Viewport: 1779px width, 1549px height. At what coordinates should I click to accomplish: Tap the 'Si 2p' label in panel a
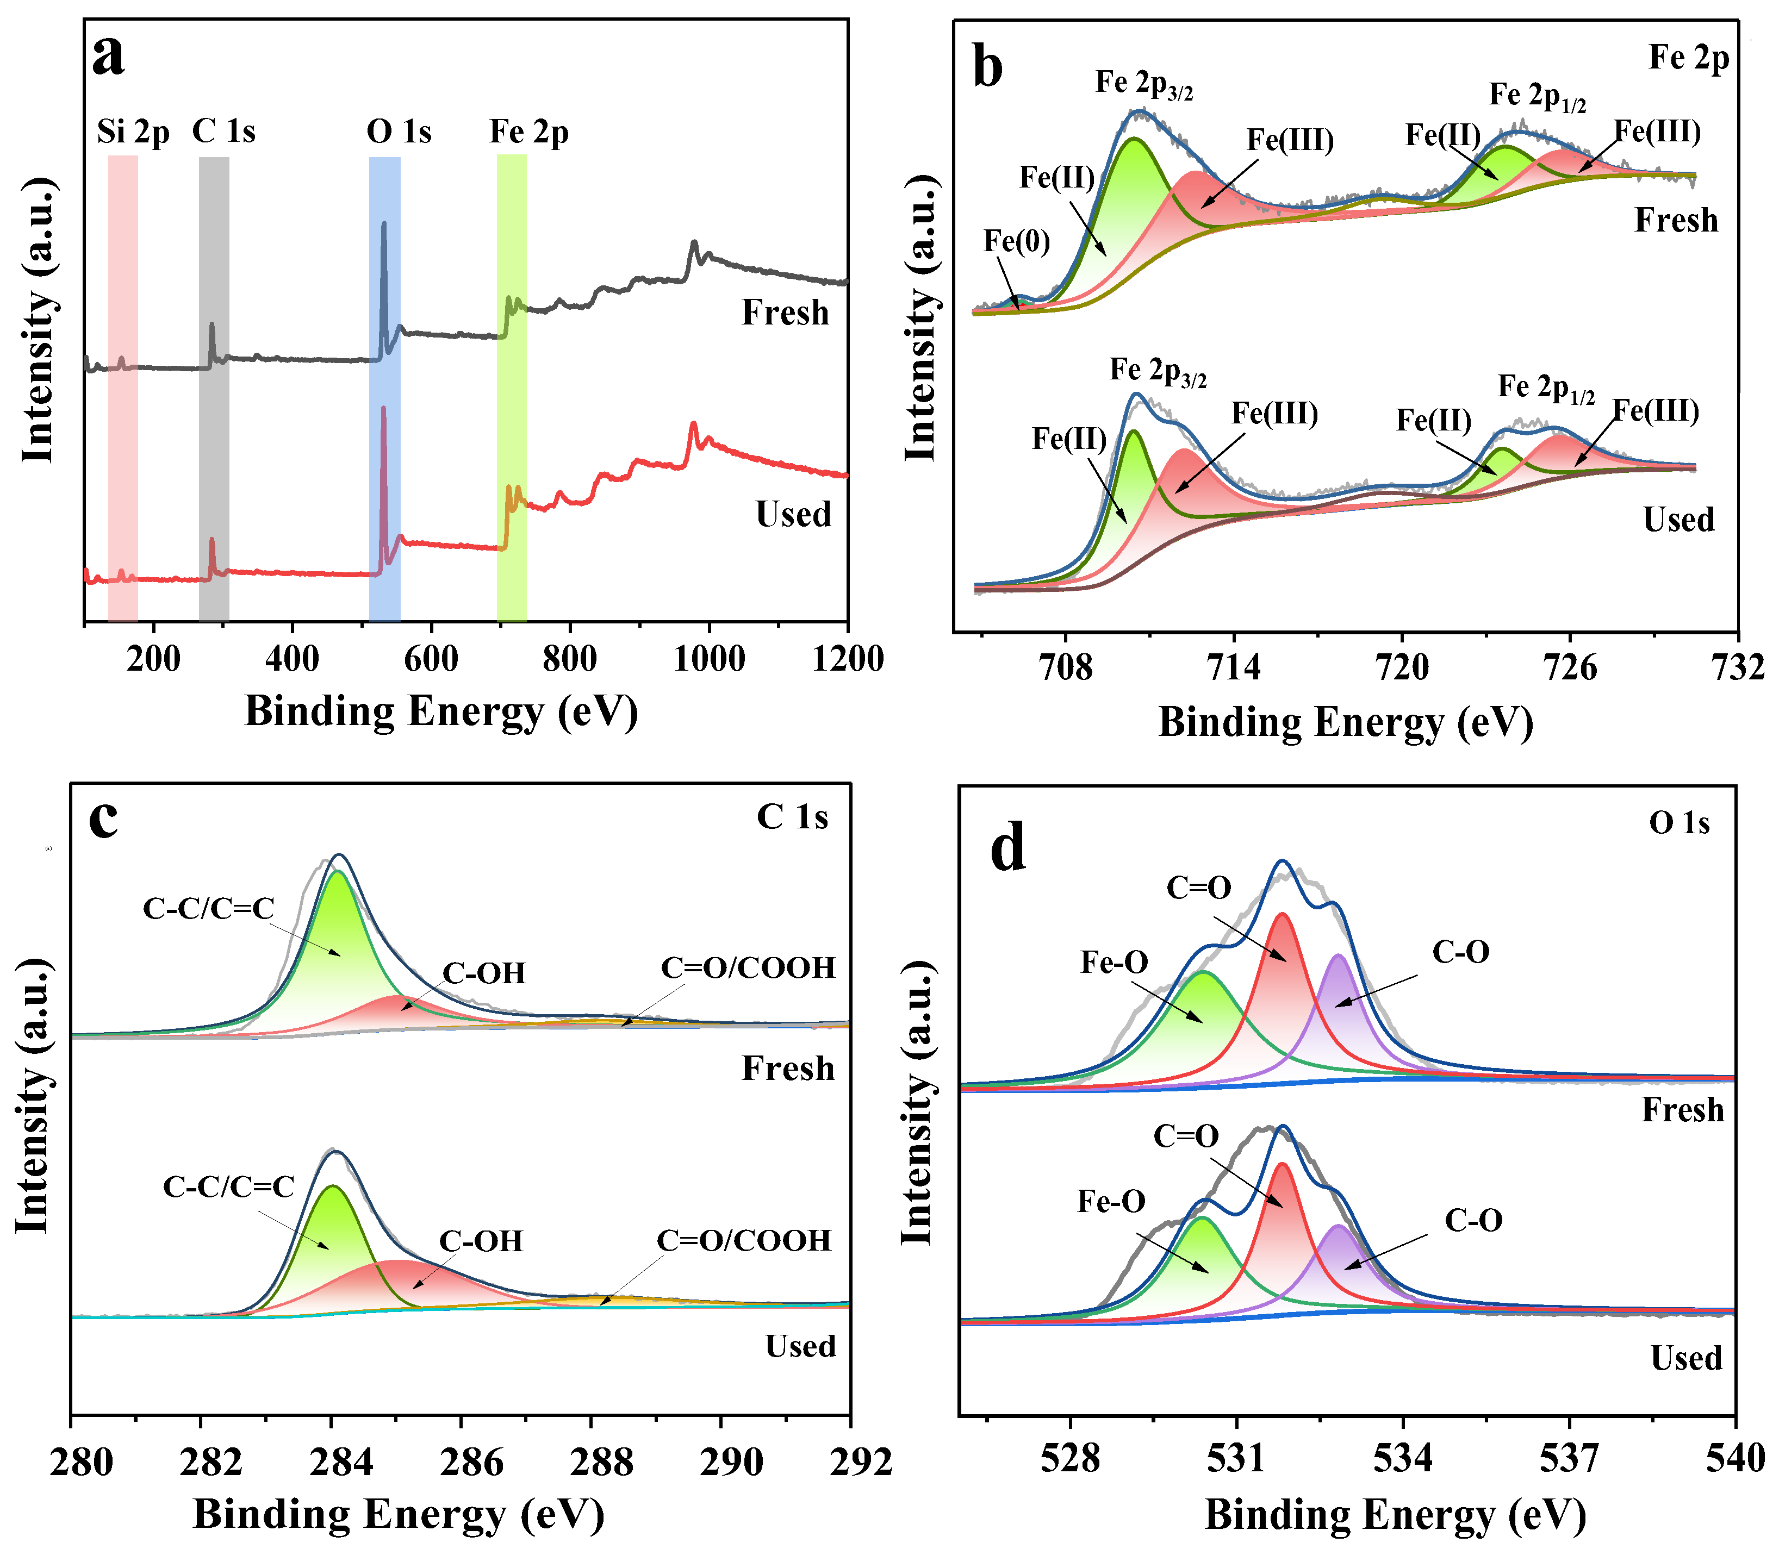(x=133, y=132)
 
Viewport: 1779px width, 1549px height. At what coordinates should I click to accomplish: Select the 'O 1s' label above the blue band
(x=399, y=132)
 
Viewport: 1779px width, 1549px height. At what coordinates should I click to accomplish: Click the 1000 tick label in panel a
(x=709, y=659)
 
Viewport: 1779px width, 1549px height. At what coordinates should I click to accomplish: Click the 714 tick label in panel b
(x=1234, y=668)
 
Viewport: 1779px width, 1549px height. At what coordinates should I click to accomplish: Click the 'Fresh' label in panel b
(x=1675, y=221)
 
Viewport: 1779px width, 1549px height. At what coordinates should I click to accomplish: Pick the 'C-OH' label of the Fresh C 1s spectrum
(x=484, y=973)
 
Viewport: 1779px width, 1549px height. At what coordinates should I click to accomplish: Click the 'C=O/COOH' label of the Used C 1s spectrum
(x=744, y=1241)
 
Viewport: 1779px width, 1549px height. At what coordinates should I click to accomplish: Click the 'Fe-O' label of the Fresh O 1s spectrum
(x=1114, y=962)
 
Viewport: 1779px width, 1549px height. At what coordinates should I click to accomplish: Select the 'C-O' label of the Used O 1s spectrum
(x=1473, y=1221)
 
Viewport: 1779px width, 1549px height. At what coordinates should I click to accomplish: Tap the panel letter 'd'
(x=1009, y=847)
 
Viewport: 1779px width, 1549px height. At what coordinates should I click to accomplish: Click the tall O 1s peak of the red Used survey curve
(x=384, y=415)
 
